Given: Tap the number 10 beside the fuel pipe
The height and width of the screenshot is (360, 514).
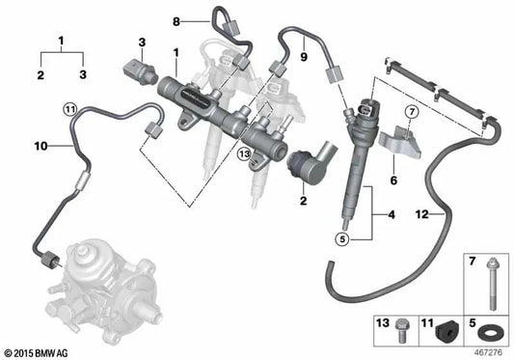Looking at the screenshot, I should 40,147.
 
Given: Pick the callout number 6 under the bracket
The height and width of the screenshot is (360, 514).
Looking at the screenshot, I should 392,180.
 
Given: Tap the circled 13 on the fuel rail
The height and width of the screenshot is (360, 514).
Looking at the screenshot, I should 245,152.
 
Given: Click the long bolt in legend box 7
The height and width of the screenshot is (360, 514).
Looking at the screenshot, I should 484,285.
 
